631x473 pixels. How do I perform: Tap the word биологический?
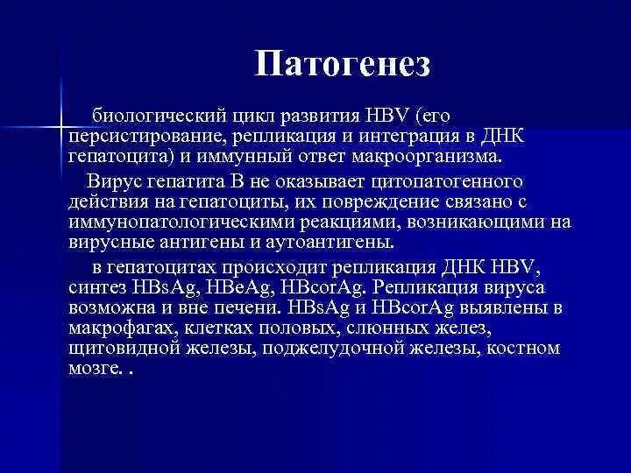(x=160, y=116)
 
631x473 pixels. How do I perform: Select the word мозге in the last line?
(x=91, y=368)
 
